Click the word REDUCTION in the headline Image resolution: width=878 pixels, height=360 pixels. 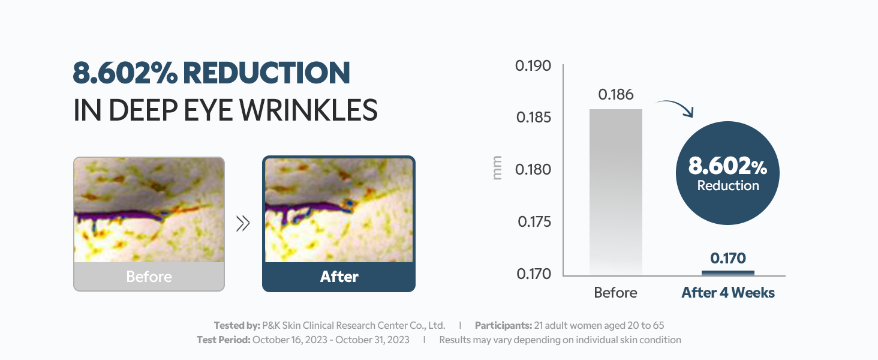(x=266, y=73)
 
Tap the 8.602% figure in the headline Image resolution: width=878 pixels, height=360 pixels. (x=125, y=73)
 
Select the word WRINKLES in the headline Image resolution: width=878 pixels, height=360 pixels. (x=308, y=110)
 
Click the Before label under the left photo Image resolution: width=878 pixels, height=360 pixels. (x=149, y=277)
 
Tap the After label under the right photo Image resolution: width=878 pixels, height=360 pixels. (x=339, y=277)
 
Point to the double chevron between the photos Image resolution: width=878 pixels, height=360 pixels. (x=243, y=224)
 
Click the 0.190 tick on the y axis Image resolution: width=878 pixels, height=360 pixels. (x=533, y=66)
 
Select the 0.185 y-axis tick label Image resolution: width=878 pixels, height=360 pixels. (x=534, y=117)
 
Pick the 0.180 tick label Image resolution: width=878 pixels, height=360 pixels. (x=533, y=169)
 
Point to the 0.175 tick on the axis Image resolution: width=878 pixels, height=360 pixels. (x=534, y=222)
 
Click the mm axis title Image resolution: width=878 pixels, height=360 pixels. (x=497, y=168)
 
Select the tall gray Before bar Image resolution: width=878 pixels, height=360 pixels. (x=616, y=192)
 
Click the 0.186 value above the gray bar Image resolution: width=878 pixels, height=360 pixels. (x=616, y=95)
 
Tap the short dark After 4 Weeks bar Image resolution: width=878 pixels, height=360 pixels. (x=728, y=273)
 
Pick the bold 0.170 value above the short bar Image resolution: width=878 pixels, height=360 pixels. (x=728, y=259)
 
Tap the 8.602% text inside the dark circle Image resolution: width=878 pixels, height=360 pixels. (x=727, y=166)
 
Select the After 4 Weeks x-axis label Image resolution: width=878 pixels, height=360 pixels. (x=728, y=293)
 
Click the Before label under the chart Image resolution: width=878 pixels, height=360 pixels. (x=615, y=293)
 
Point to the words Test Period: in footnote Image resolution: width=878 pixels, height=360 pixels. (x=224, y=340)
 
